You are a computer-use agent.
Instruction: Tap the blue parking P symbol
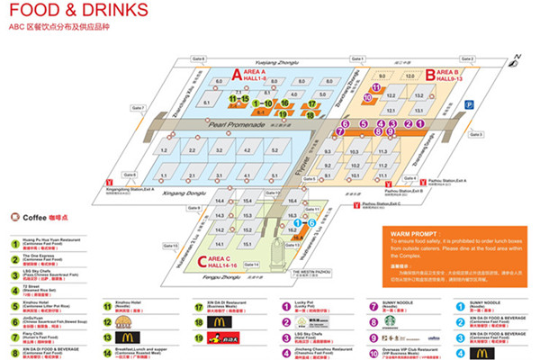tap(467, 105)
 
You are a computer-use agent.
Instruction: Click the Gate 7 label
tap(138, 107)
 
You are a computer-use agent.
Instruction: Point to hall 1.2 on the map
tap(165, 149)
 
